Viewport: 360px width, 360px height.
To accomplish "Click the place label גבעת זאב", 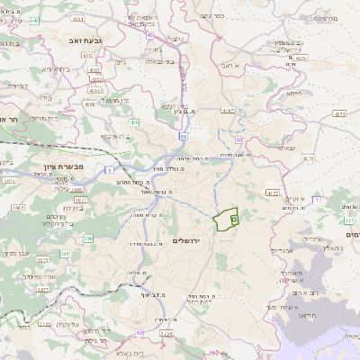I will (79, 41).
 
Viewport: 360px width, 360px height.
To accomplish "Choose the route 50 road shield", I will (183, 136).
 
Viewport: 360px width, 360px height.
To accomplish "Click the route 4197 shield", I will (228, 111).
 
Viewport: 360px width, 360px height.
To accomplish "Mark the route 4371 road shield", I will (339, 114).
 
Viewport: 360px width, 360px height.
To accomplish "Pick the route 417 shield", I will (349, 219).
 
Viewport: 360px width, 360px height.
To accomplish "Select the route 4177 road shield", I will (272, 193).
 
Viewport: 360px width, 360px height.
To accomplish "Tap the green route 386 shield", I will (87, 238).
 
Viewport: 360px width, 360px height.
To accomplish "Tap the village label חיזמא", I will (293, 93).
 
